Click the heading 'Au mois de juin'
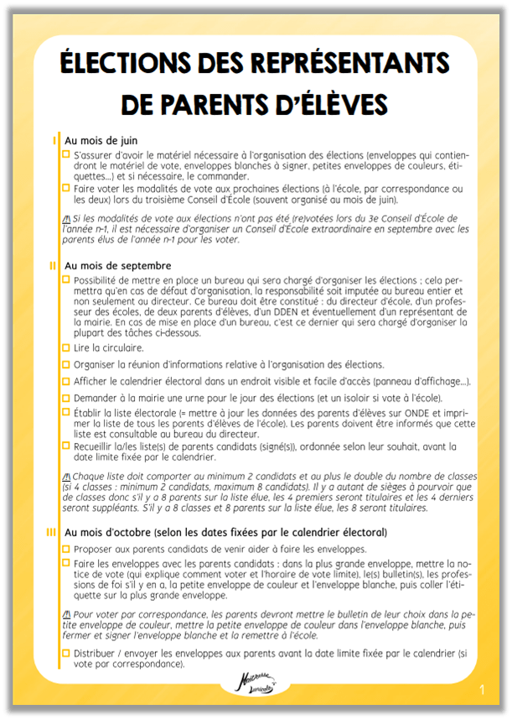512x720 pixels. tap(101, 140)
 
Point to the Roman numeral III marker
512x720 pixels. tap(53, 532)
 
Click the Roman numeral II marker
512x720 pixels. tap(53, 265)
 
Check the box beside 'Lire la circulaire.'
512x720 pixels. tap(67, 347)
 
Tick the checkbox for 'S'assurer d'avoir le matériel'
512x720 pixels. tap(67, 155)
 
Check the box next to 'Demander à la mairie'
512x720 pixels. tap(67, 396)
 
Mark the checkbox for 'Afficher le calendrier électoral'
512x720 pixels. tap(67, 380)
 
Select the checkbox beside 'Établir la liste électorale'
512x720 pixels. tap(67, 412)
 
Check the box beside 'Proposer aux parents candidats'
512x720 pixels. tap(67, 548)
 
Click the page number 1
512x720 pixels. tap(483, 690)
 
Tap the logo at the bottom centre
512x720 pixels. tap(255, 685)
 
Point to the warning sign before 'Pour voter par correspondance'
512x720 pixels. tap(67, 614)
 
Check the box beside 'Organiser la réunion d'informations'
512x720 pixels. tap(67, 364)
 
